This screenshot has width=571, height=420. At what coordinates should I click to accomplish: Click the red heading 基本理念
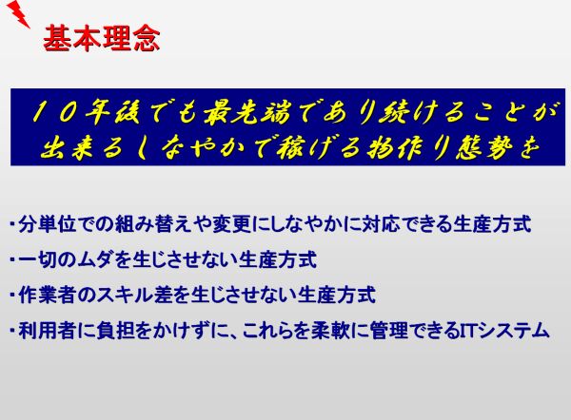pos(102,38)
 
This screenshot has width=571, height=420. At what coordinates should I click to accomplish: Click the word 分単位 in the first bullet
pos(47,224)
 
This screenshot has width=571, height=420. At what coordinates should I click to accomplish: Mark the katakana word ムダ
pos(94,259)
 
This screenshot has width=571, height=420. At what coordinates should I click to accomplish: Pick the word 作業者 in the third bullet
pos(47,295)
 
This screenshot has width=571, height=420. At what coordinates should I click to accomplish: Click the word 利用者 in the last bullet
pos(47,330)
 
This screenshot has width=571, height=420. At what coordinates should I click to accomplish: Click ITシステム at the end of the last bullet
pos(504,330)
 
